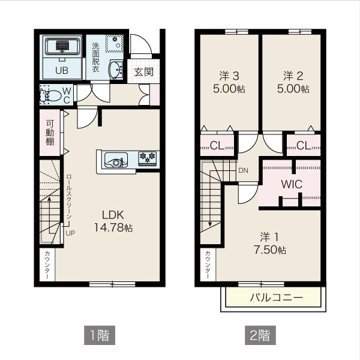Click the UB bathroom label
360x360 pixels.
[62, 70]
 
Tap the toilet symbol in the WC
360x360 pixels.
[50, 95]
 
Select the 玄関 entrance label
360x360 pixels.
[144, 72]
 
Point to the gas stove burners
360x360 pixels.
[148, 158]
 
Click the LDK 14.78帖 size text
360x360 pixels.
[113, 227]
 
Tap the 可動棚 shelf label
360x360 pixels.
[50, 133]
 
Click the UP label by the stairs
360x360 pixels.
[70, 233]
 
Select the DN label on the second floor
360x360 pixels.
[243, 170]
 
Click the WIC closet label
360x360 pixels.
[292, 184]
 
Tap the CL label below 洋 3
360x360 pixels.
[217, 145]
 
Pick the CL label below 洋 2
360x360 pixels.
[304, 145]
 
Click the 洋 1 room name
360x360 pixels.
[269, 237]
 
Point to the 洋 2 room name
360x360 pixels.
[293, 76]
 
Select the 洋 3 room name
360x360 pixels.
[229, 76]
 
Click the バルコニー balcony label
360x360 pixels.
[277, 298]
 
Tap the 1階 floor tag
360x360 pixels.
[100, 335]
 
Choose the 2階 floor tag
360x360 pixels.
[260, 335]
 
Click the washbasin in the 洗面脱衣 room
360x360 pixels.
[116, 70]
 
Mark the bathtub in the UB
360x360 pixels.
[62, 46]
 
